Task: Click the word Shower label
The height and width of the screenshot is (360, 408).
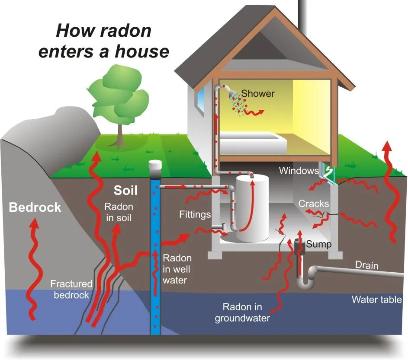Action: coord(258,93)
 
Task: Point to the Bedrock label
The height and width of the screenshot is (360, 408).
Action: coord(35,207)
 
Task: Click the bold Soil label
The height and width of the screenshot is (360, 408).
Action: coord(125,190)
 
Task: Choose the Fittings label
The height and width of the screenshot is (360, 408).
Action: coord(195,214)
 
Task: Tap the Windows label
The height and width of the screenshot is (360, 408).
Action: coord(299,170)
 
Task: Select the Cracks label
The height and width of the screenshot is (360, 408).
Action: coord(314,204)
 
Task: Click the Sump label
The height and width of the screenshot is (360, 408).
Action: coord(319,244)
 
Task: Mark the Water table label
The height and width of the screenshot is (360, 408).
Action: coord(377,299)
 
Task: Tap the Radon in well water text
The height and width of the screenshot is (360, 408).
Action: coord(177,269)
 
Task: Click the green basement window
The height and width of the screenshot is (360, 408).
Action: coord(328,172)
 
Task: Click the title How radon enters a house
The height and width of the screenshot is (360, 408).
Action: coord(103,41)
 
